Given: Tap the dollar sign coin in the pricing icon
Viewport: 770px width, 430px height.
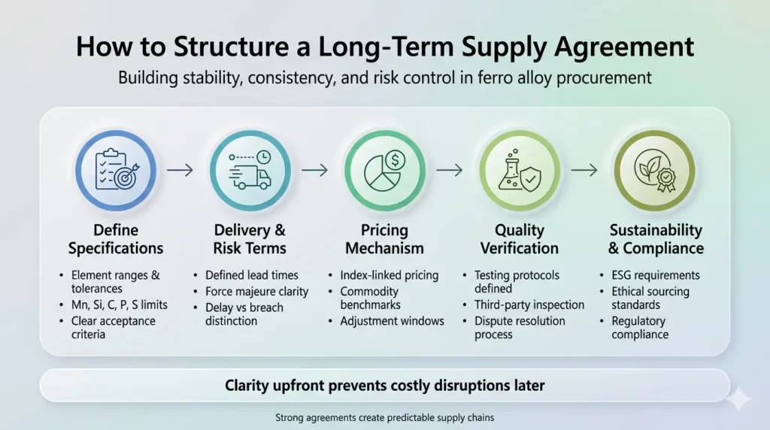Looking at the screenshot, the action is (x=396, y=160).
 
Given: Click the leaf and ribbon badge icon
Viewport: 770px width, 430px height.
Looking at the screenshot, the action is (x=655, y=171).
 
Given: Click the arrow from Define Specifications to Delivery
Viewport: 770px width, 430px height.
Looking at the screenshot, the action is (x=180, y=171).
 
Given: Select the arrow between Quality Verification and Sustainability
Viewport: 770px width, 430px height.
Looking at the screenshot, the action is (x=584, y=171).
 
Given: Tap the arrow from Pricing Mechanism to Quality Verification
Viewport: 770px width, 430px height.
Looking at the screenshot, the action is (x=450, y=171).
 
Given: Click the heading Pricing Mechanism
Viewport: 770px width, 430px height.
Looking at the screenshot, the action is (x=384, y=239).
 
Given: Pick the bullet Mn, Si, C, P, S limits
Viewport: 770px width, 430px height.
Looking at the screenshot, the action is (x=120, y=304).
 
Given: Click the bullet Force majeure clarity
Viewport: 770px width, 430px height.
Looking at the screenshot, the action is (x=257, y=292).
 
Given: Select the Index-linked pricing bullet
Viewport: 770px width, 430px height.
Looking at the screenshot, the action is (x=390, y=275).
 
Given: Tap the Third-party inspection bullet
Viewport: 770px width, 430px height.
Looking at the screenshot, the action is (x=529, y=304).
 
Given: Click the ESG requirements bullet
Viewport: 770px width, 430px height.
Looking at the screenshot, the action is (x=656, y=275).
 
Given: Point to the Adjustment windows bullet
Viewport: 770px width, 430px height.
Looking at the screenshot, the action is (x=392, y=321).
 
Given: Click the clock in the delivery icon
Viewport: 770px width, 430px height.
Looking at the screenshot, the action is (x=264, y=157).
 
